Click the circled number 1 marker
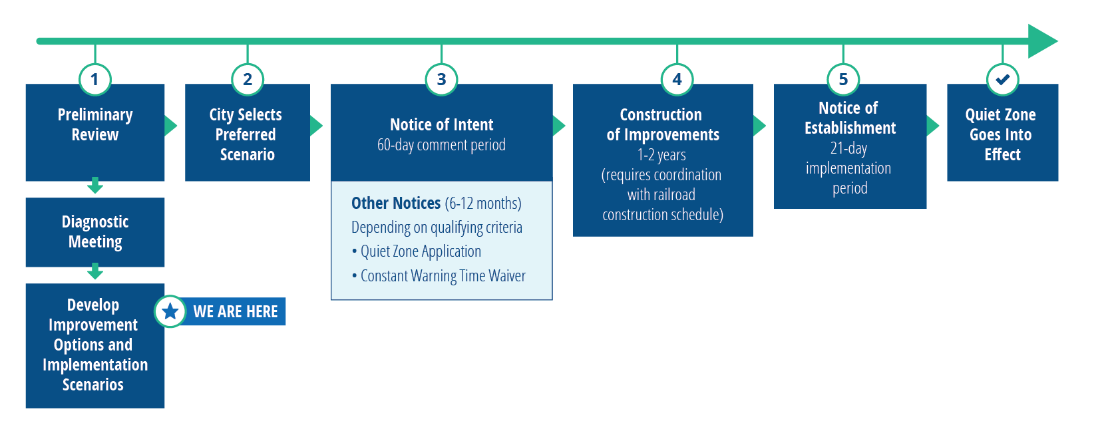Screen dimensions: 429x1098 (x=94, y=80)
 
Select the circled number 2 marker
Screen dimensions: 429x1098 (x=248, y=80)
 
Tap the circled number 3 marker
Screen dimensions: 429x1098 (x=441, y=80)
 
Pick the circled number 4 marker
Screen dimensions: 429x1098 (x=677, y=80)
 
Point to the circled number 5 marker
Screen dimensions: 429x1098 (x=843, y=80)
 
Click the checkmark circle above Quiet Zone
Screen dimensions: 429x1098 (x=1002, y=80)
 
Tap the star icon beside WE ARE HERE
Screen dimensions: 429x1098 (x=170, y=311)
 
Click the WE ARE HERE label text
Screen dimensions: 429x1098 (x=235, y=311)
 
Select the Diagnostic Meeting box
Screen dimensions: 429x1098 (x=95, y=232)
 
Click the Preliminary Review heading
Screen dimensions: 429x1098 (x=95, y=124)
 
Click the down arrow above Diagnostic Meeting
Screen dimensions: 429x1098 (x=95, y=186)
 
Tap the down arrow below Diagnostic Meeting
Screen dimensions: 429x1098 (x=95, y=271)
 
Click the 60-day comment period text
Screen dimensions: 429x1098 (x=441, y=145)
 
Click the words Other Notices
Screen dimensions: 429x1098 (x=396, y=203)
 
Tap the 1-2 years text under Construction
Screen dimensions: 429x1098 (x=661, y=155)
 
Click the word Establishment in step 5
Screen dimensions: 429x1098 (x=850, y=128)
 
